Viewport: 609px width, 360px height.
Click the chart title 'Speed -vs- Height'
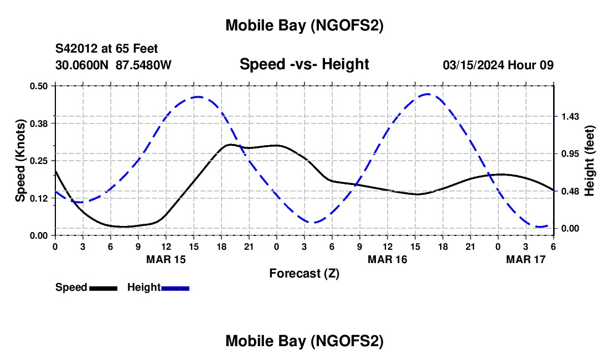coord(304,65)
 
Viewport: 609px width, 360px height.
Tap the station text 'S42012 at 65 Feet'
coord(107,49)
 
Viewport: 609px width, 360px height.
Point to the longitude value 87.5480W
coord(143,65)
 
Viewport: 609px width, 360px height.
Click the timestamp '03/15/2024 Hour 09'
coord(498,65)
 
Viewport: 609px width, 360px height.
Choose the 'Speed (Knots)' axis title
coord(20,161)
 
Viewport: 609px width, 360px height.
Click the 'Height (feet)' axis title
coord(589,161)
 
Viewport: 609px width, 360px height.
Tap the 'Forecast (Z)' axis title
coord(304,273)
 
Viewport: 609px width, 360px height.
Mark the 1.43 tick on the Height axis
coord(570,116)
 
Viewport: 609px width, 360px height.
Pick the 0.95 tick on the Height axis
coord(570,154)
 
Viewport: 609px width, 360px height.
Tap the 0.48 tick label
coord(570,192)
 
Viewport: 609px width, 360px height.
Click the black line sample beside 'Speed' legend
coord(103,287)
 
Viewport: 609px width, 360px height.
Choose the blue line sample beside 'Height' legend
coord(175,287)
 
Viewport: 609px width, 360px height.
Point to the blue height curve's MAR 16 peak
coord(428,94)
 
